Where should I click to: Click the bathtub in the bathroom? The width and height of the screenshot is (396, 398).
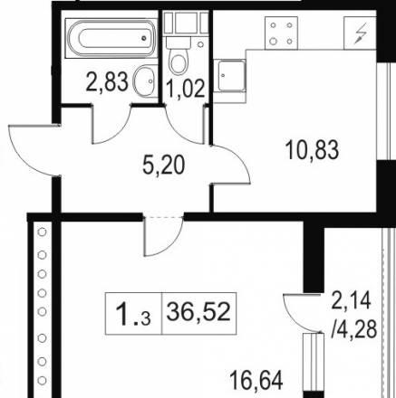[x=111, y=38]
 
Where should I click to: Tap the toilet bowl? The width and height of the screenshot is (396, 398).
[x=179, y=57]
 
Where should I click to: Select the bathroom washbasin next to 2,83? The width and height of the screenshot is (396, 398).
[x=145, y=81]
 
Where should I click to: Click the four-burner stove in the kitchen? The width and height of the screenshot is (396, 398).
[x=281, y=33]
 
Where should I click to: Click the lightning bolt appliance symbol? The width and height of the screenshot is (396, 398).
[x=361, y=33]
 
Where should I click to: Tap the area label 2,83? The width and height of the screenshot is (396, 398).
[x=107, y=82]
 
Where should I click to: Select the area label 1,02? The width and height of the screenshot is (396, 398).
[x=186, y=89]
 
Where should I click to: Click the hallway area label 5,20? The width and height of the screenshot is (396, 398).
[x=163, y=166]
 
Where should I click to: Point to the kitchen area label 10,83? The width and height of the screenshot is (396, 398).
[x=313, y=150]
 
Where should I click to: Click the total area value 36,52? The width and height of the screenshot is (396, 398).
[x=198, y=312]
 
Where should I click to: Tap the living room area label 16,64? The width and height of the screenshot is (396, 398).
[x=256, y=381]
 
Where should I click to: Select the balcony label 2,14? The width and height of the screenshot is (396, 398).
[x=351, y=300]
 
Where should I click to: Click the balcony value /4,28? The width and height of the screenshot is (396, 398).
[x=354, y=328]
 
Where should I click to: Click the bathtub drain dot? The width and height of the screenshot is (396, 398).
[x=144, y=38]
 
